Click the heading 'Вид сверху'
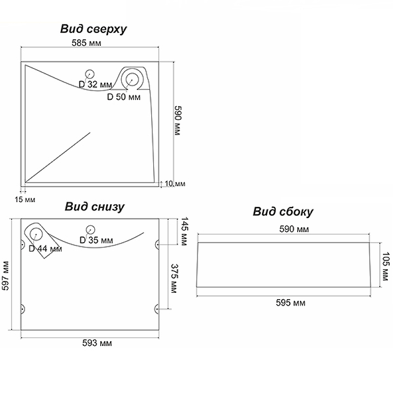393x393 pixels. click(x=93, y=29)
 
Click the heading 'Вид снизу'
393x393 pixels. click(x=94, y=206)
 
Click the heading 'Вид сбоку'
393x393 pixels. click(x=283, y=212)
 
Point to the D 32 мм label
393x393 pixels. click(x=95, y=84)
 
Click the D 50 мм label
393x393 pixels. click(x=124, y=97)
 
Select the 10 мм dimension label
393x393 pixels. click(x=174, y=184)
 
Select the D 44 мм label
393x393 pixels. click(x=45, y=249)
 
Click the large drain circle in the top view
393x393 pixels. click(x=132, y=79)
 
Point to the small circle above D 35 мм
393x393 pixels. click(x=89, y=229)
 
